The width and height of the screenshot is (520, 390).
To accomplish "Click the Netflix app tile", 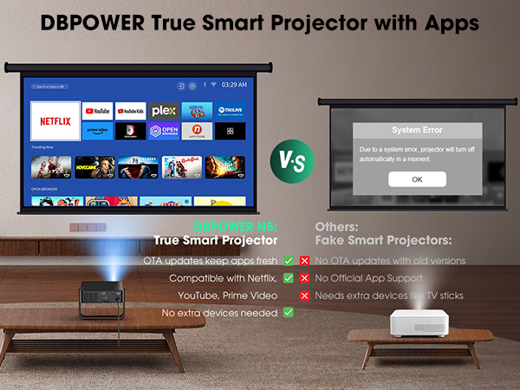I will [55, 121].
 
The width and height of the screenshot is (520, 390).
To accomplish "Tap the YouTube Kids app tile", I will [130, 111].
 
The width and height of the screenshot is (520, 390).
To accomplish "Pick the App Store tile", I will [197, 131].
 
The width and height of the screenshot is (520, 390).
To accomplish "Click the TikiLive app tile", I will [230, 111].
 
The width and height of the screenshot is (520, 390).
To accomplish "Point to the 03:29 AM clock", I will [234, 86].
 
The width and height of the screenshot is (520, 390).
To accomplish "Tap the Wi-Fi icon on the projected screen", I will [213, 86].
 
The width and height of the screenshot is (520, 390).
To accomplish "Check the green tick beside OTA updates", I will [288, 260].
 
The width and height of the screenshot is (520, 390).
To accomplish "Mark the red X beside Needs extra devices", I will [304, 296].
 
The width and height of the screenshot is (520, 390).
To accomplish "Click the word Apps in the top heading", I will [450, 23].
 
